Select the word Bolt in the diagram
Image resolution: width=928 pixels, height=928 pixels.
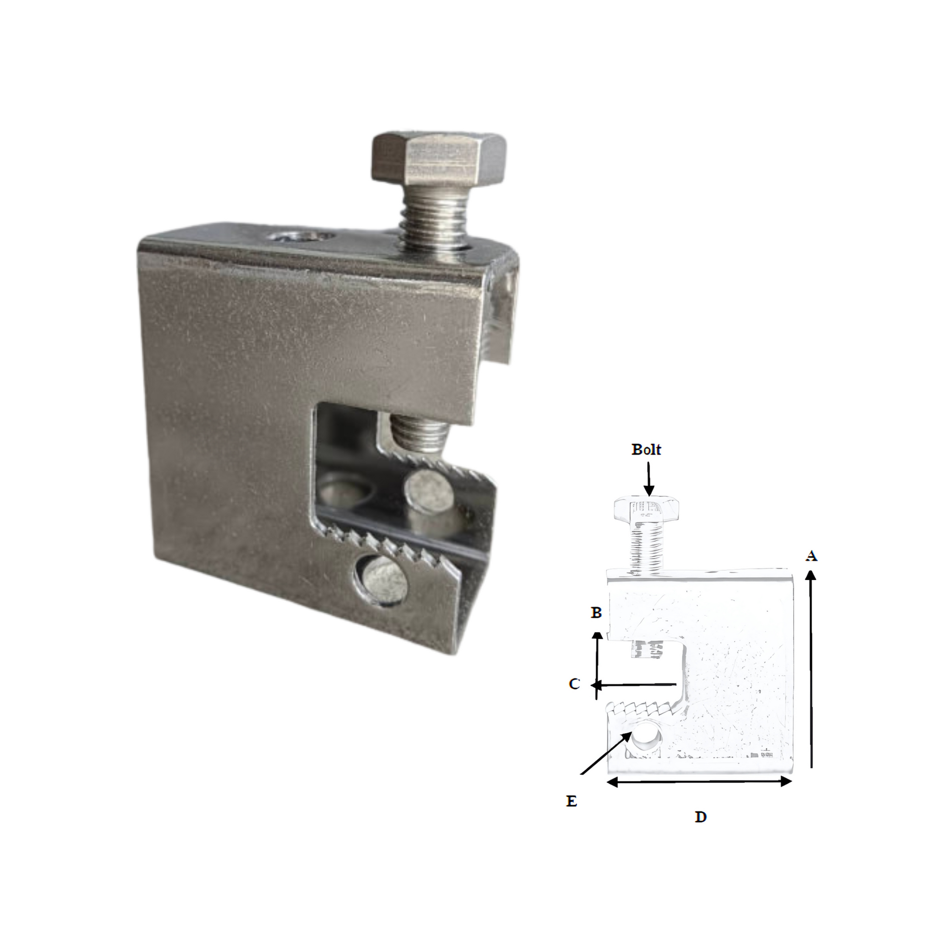tap(646, 449)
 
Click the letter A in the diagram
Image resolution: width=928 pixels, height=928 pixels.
tap(812, 556)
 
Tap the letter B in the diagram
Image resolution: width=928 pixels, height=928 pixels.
tap(596, 613)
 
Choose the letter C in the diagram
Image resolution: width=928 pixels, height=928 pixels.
tap(574, 684)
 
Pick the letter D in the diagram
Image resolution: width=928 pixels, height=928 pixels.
tap(701, 817)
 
